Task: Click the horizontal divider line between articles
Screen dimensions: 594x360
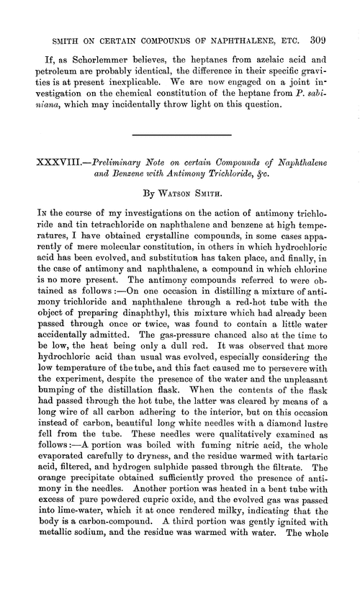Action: click(x=179, y=135)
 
